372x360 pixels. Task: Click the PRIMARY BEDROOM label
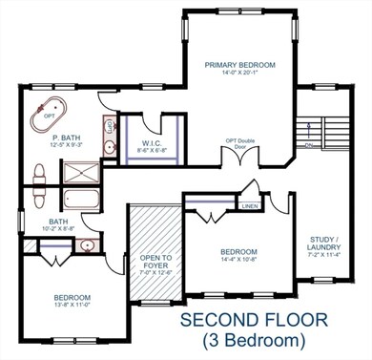pos(240,65)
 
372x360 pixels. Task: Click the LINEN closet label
pos(249,204)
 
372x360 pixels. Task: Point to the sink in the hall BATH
pos(87,246)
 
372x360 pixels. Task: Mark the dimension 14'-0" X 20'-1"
pos(240,73)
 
